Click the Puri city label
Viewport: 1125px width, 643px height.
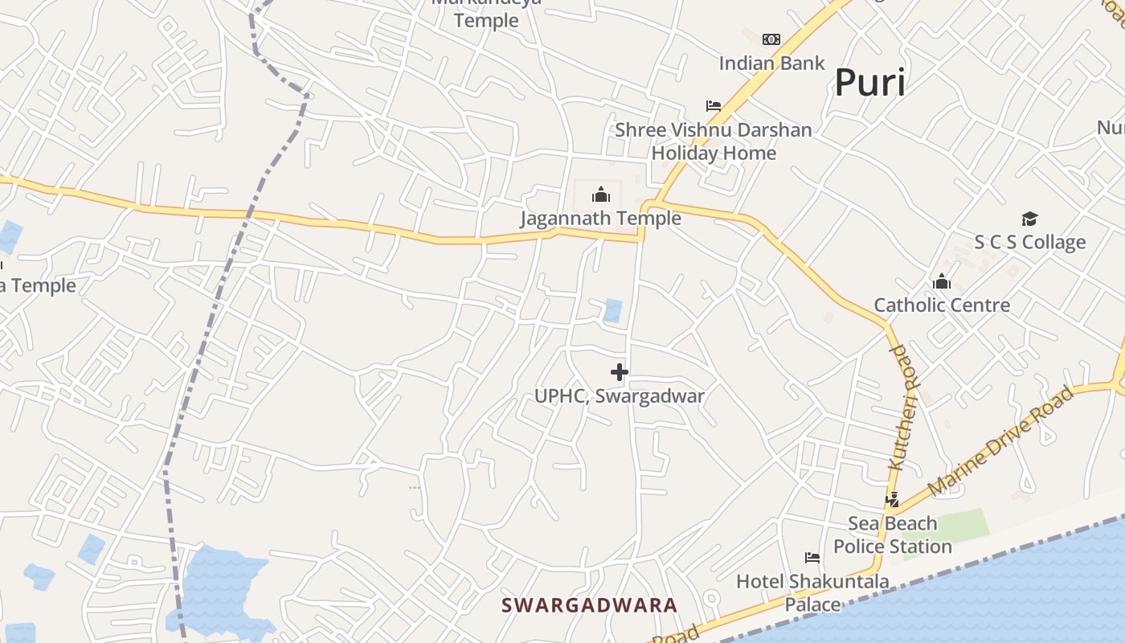coord(869,82)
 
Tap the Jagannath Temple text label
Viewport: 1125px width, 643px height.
coord(600,218)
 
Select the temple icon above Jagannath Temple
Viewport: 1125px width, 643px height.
coord(600,195)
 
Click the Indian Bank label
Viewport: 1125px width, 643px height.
coord(771,63)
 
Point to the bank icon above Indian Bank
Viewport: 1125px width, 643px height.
coord(771,39)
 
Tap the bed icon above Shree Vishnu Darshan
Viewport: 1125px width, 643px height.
coord(713,106)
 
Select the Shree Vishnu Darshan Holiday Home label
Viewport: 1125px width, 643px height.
coord(714,141)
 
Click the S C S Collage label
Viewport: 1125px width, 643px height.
coord(1029,242)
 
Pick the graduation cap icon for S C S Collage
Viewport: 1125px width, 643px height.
coord(1029,219)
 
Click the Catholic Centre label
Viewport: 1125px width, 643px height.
coord(941,305)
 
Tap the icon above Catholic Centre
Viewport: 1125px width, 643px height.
coord(941,281)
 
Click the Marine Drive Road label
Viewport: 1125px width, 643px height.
coord(1000,440)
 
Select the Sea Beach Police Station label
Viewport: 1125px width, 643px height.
coord(892,534)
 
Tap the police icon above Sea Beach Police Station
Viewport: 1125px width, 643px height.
coord(892,500)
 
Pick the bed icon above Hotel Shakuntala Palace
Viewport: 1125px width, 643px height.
coord(812,558)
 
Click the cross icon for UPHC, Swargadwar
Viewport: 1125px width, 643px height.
coord(619,372)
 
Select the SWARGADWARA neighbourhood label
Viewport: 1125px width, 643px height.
coord(590,605)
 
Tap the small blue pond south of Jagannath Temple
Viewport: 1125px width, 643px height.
coord(612,310)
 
